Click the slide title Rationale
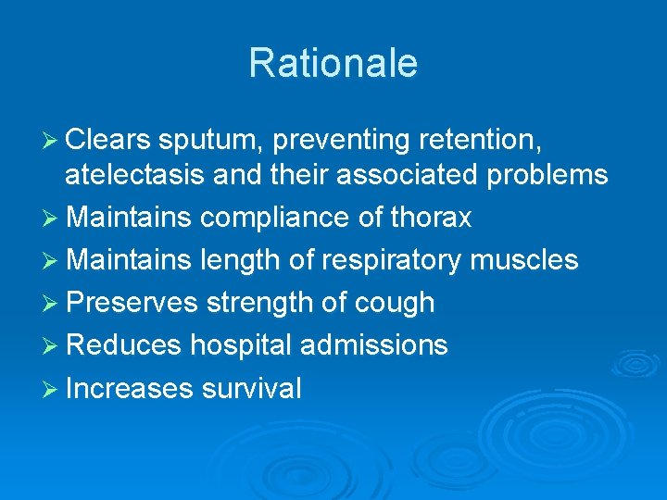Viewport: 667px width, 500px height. coord(333,64)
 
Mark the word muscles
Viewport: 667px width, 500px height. coord(524,260)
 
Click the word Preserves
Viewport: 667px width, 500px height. coord(132,303)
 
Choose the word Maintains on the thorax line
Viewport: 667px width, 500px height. coord(129,218)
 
